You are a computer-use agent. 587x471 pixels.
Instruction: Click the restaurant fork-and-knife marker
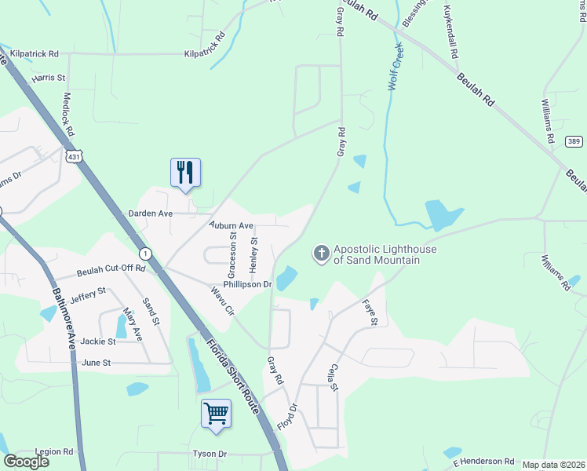(x=185, y=172)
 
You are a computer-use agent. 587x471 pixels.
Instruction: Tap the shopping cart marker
(x=216, y=413)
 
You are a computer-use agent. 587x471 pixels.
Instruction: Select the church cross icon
(x=321, y=254)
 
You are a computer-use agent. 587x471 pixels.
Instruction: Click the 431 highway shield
(x=74, y=157)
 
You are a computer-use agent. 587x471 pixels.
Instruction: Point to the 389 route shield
(x=574, y=141)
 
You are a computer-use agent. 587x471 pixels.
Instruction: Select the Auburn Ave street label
(x=231, y=225)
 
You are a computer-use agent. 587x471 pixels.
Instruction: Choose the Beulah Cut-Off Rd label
(x=111, y=271)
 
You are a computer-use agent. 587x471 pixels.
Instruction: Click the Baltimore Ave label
(x=64, y=319)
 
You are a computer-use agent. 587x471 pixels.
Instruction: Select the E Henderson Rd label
(x=483, y=461)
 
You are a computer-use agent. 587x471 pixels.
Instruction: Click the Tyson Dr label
(x=210, y=454)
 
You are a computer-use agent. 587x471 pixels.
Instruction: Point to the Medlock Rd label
(x=67, y=115)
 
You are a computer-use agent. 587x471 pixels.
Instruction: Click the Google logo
(x=26, y=462)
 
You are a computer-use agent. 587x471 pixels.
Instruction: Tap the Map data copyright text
(x=553, y=465)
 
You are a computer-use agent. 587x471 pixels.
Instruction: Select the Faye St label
(x=370, y=312)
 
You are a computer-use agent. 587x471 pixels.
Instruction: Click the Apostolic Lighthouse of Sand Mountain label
(x=384, y=254)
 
